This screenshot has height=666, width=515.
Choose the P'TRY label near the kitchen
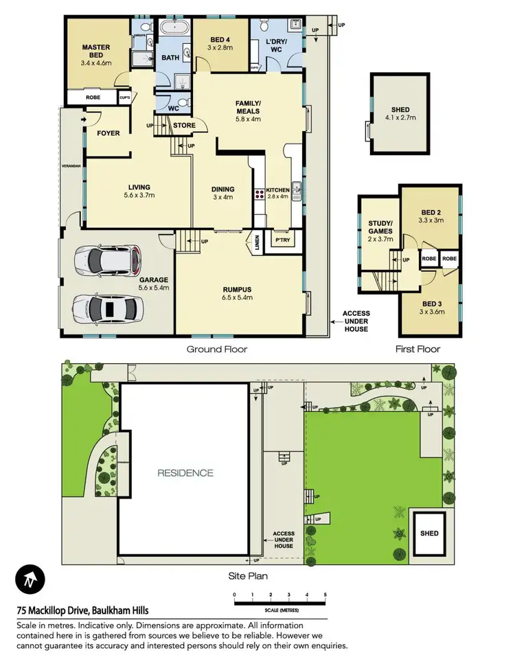282,242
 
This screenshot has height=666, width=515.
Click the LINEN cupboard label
255,243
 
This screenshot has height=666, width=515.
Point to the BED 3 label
431,303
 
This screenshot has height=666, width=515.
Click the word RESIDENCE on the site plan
185,472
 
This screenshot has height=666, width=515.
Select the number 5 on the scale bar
325,595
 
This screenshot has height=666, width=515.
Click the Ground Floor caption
217,349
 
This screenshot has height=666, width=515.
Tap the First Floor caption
417,349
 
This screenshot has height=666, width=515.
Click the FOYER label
108,133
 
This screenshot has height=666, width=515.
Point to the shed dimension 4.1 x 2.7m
400,117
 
